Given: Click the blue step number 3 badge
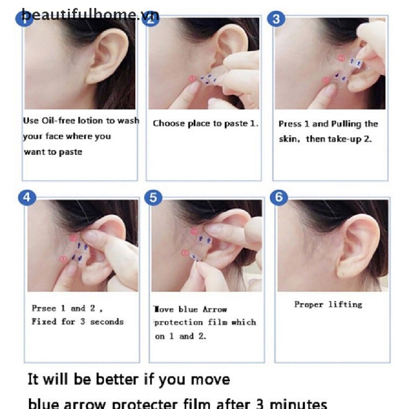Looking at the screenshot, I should (278, 19).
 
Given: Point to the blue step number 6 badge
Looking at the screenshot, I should (279, 197).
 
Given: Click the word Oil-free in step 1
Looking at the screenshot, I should (58, 121).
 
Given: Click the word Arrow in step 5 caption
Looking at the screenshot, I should (214, 310).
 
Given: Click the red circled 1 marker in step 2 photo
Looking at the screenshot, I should (191, 79).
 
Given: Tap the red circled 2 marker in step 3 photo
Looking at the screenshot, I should (341, 58).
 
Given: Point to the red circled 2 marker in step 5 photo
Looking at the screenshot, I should (194, 231).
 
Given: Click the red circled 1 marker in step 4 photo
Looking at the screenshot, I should (63, 260).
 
